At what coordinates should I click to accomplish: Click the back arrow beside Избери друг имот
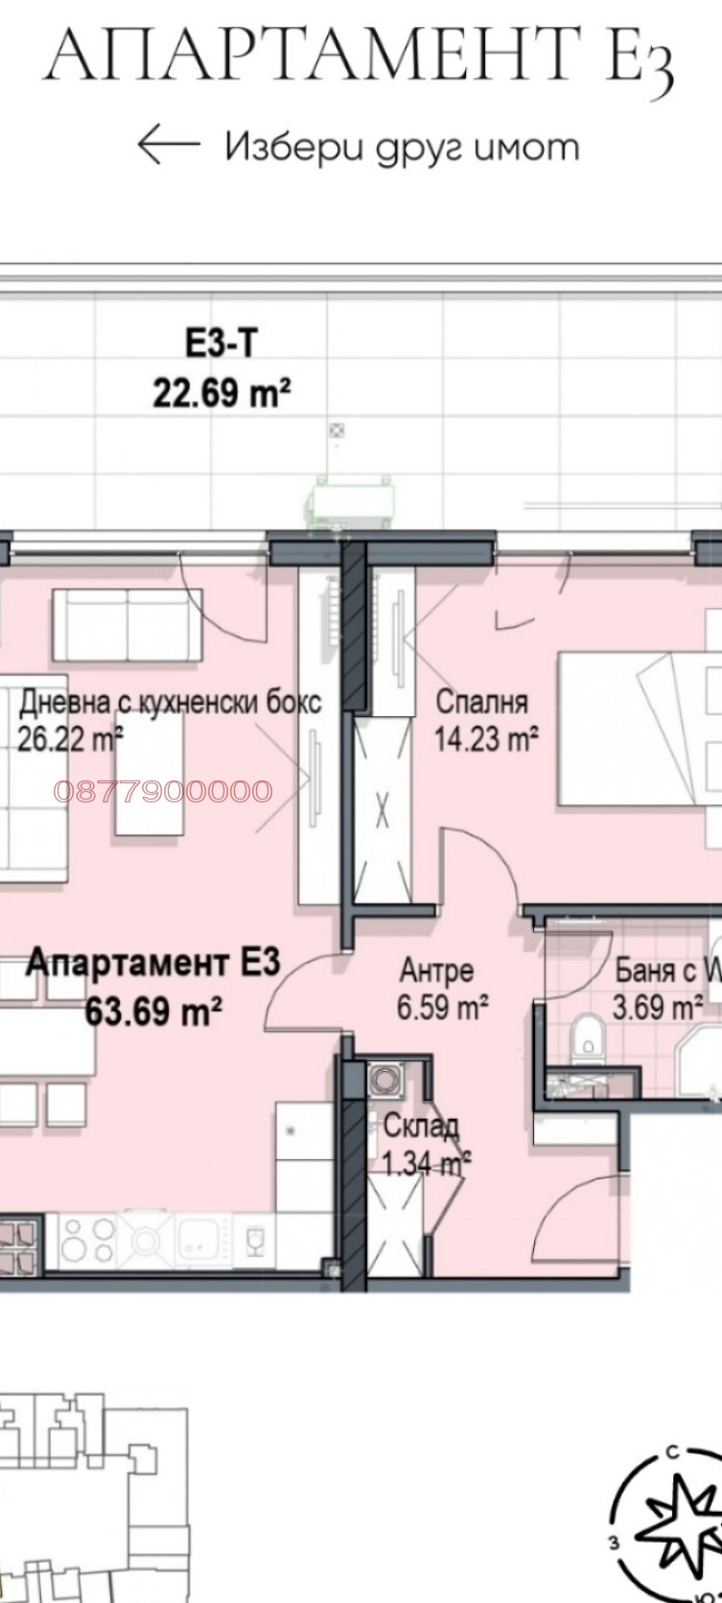pyautogui.click(x=169, y=146)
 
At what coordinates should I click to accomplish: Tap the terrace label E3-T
pyautogui.click(x=221, y=343)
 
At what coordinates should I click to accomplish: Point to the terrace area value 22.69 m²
pyautogui.click(x=221, y=392)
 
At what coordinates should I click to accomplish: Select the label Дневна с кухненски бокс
pyautogui.click(x=170, y=702)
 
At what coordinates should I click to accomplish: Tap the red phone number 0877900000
pyautogui.click(x=163, y=791)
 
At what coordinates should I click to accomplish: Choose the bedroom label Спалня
pyautogui.click(x=481, y=701)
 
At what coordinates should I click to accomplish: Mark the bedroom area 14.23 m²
pyautogui.click(x=486, y=738)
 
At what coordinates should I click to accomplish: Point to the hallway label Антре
pyautogui.click(x=436, y=970)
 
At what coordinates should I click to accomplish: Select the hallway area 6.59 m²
pyautogui.click(x=443, y=1008)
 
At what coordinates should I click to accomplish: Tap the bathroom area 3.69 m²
pyautogui.click(x=657, y=1008)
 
